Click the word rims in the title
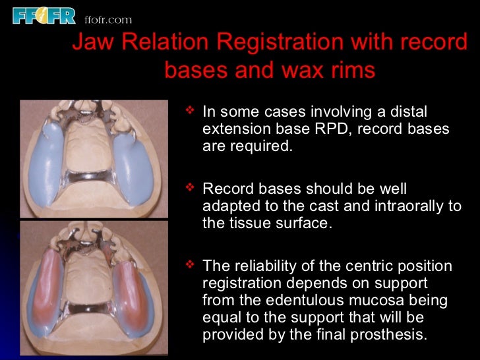click(351, 69)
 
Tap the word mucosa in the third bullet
click(391, 301)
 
